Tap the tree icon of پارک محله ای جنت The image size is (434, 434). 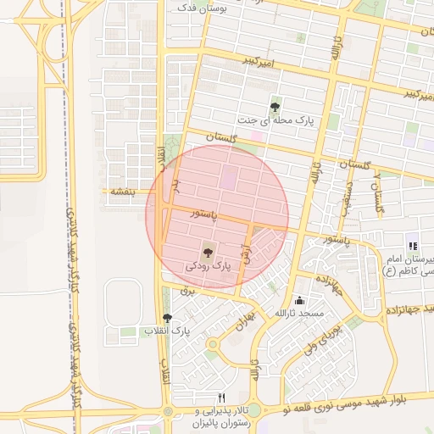(x=275, y=107)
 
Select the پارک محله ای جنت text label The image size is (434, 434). (x=275, y=122)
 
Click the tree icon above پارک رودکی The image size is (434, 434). (x=208, y=251)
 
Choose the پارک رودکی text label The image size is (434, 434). (x=208, y=266)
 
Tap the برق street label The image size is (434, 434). (x=188, y=291)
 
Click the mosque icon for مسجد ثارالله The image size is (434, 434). (x=299, y=300)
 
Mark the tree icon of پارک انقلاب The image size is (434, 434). (x=167, y=318)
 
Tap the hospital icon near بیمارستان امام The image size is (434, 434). (x=414, y=246)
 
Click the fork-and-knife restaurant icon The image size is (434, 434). (x=222, y=397)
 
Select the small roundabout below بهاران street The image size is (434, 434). (x=212, y=344)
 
